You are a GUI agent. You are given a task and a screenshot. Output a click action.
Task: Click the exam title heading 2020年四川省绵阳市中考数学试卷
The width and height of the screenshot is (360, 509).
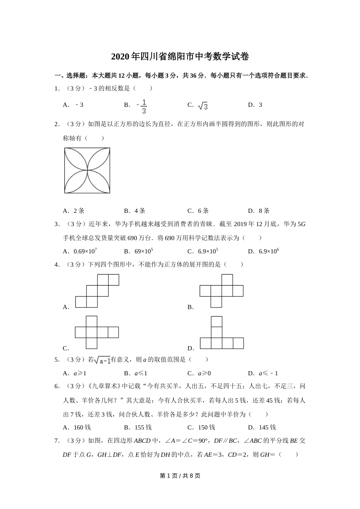pyautogui.click(x=180, y=57)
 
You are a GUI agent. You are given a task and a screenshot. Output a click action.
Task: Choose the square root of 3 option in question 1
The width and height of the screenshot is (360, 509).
pyautogui.click(x=203, y=106)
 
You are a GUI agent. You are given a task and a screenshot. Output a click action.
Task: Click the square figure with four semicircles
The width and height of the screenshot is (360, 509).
pyautogui.click(x=87, y=170)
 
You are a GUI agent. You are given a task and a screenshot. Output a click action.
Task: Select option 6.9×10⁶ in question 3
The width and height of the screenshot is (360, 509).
pyautogui.click(x=269, y=251)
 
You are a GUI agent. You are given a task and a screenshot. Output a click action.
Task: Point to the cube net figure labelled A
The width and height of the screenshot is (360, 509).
pyautogui.click(x=97, y=291)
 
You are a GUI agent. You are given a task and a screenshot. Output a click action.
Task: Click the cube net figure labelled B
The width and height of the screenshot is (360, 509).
pyautogui.click(x=221, y=291)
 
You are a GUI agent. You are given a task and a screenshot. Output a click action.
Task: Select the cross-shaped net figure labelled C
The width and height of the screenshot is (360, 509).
pyautogui.click(x=97, y=332)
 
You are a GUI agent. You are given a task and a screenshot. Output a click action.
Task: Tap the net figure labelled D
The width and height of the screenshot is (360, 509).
pyautogui.click(x=221, y=333)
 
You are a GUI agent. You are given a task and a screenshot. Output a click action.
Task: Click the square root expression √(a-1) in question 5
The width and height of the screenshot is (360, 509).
pyautogui.click(x=102, y=360)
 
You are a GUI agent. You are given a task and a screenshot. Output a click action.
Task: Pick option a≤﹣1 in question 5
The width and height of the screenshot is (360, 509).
pyautogui.click(x=268, y=373)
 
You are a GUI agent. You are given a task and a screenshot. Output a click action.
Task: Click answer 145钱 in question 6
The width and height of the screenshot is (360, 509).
pyautogui.click(x=267, y=427)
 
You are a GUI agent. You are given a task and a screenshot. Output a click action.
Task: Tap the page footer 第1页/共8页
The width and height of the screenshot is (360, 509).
pyautogui.click(x=180, y=476)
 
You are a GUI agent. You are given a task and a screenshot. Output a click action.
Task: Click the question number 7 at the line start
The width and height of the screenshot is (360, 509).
pyautogui.click(x=56, y=440)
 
